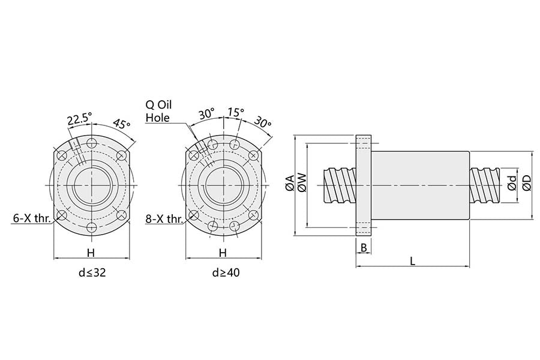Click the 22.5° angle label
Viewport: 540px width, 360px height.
(79, 119)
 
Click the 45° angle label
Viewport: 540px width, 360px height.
(122, 125)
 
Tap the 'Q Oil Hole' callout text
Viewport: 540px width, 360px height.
(158, 111)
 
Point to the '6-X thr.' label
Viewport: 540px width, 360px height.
(31, 219)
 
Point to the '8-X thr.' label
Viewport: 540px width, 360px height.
(164, 219)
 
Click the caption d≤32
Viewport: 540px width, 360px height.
(92, 273)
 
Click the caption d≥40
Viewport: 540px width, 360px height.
(226, 273)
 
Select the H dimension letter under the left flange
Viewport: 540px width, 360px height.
(91, 252)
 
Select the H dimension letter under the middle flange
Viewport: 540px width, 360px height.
(223, 252)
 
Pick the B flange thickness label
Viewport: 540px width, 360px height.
(364, 248)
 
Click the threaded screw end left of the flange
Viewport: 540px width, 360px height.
(340, 186)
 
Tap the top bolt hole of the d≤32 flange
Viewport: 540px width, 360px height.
(91, 143)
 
